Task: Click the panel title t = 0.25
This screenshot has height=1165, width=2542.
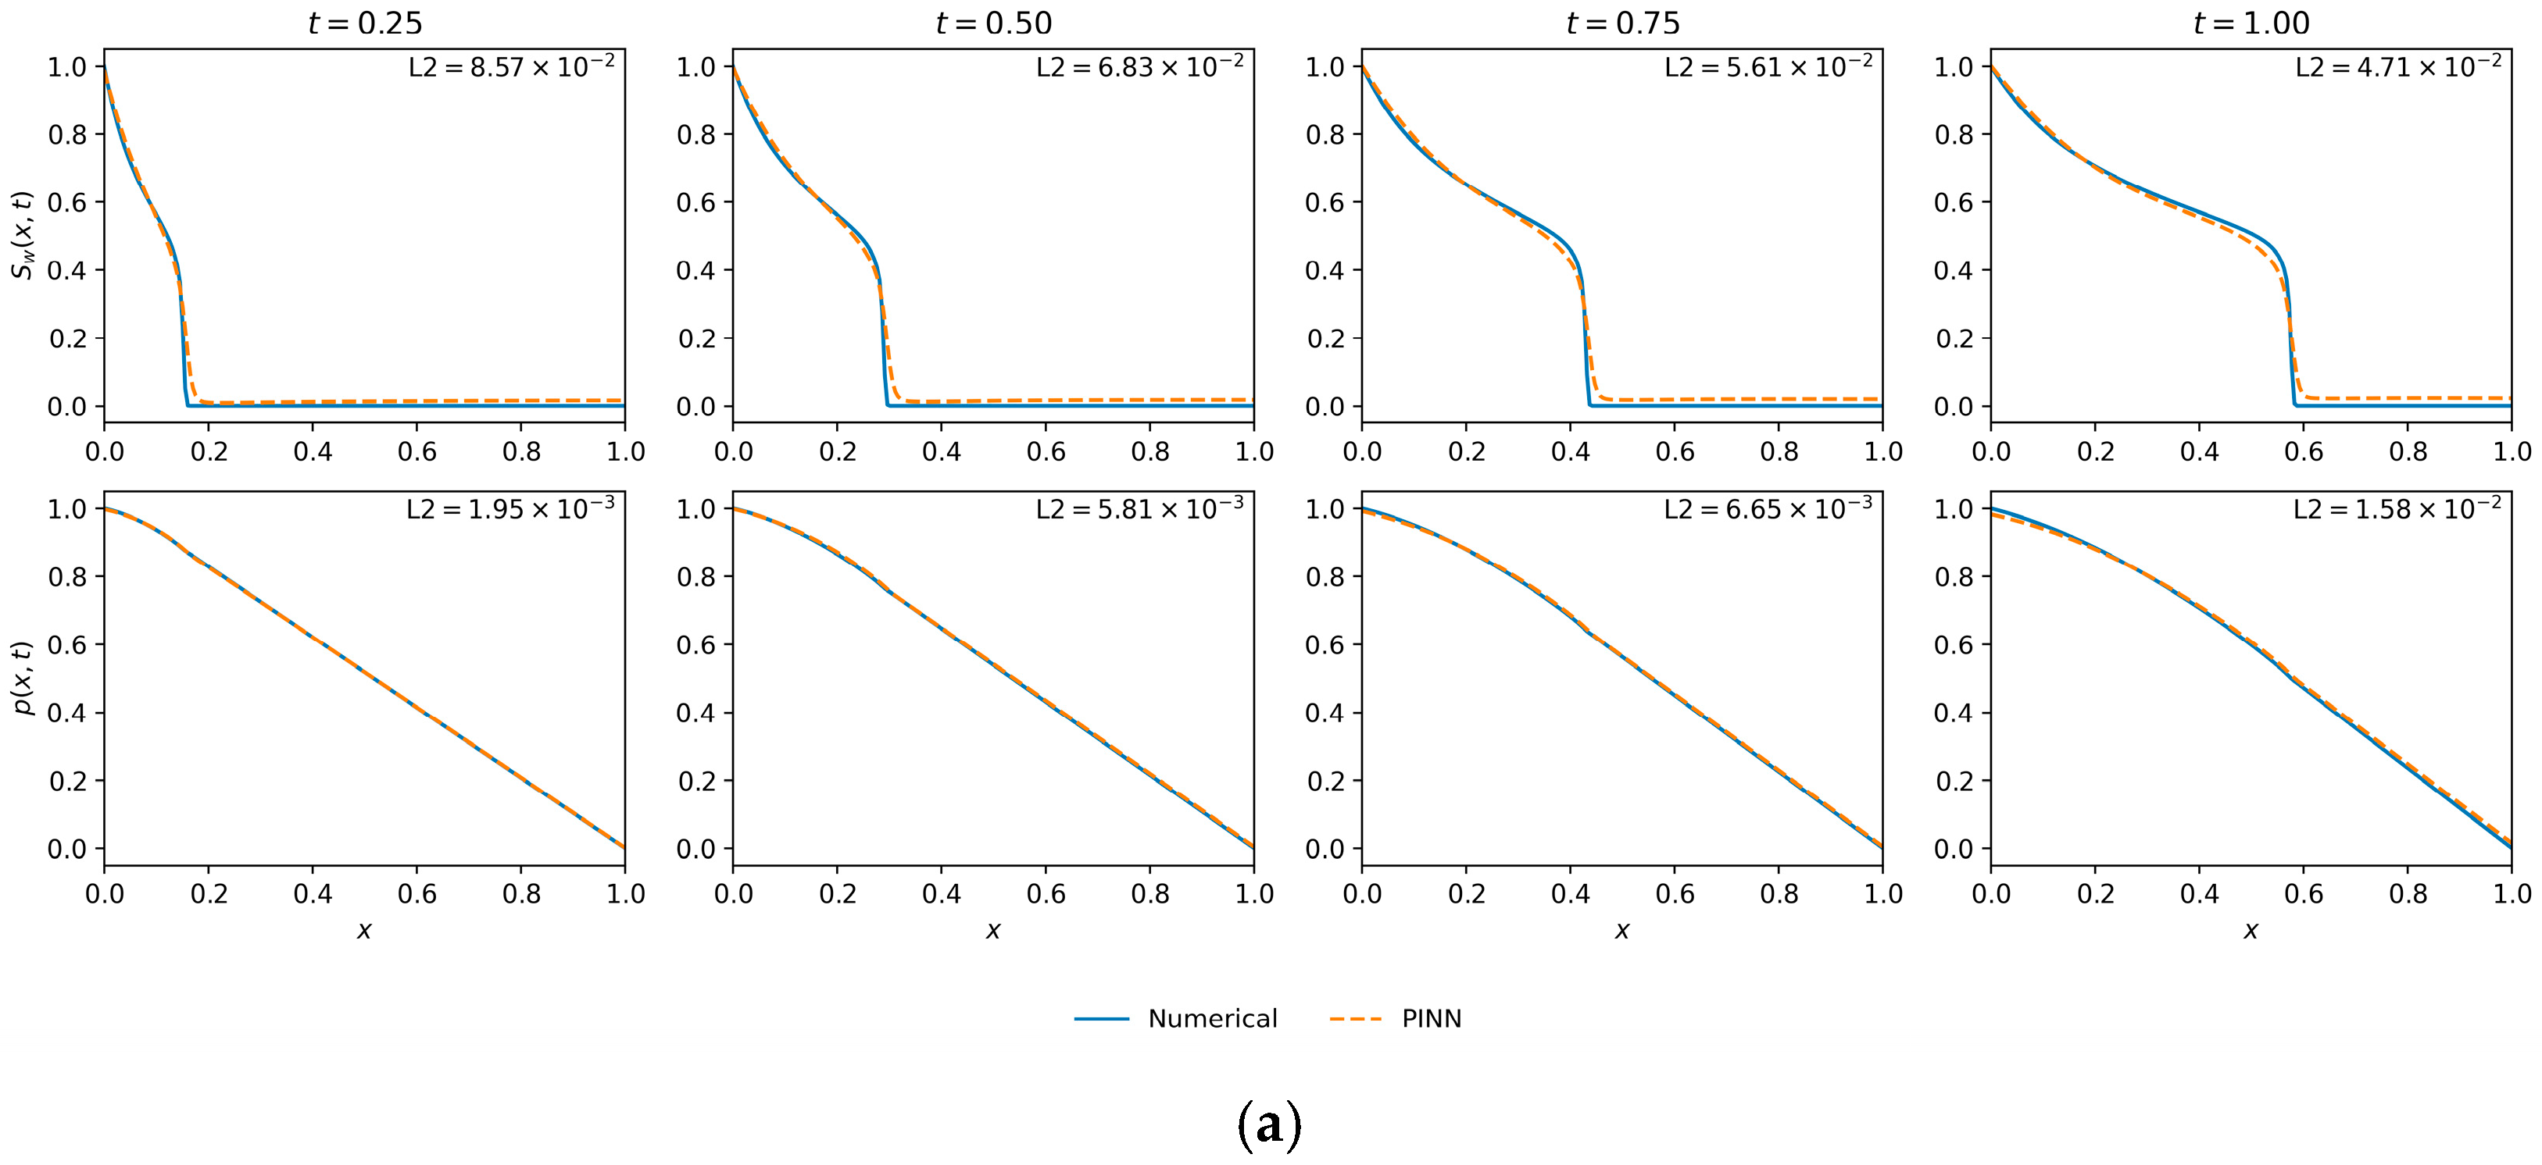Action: [365, 23]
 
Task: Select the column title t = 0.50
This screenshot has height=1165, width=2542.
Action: [994, 23]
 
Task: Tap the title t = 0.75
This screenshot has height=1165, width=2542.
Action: [1622, 23]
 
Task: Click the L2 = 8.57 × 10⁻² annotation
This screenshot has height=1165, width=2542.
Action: [511, 67]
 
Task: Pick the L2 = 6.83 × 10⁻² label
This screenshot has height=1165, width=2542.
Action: [1140, 67]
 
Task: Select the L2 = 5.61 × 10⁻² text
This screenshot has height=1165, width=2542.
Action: [1768, 67]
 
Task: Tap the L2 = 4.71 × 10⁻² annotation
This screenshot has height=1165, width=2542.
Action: [2398, 67]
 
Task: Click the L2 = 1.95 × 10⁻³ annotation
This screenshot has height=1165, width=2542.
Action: [510, 509]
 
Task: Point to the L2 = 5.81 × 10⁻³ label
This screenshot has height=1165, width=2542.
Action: [1140, 509]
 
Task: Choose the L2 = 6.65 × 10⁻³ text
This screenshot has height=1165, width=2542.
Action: [1768, 509]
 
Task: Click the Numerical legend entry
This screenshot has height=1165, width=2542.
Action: [1212, 1019]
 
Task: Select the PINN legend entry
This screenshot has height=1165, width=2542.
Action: [1431, 1019]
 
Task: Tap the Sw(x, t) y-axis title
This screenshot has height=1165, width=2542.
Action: [23, 235]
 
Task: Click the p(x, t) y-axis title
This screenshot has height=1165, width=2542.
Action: [23, 679]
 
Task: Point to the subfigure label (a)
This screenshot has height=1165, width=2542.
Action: [1269, 1125]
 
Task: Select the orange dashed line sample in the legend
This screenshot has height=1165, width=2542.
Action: [1356, 1019]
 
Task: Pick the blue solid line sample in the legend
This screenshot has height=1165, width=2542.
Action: [1101, 1019]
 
